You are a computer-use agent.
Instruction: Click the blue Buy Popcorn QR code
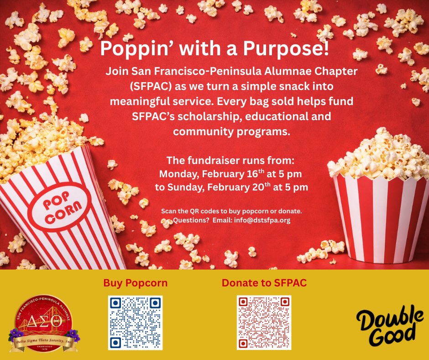pos(135,323)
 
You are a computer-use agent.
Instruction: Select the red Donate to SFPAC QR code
pos(264,323)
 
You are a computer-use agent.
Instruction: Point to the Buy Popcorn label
pos(135,283)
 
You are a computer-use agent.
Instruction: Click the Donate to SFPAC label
pos(264,283)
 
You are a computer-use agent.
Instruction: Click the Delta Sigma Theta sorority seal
pos(43,321)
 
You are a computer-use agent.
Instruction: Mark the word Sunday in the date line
pos(187,187)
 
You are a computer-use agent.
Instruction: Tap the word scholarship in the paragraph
pos(210,116)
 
